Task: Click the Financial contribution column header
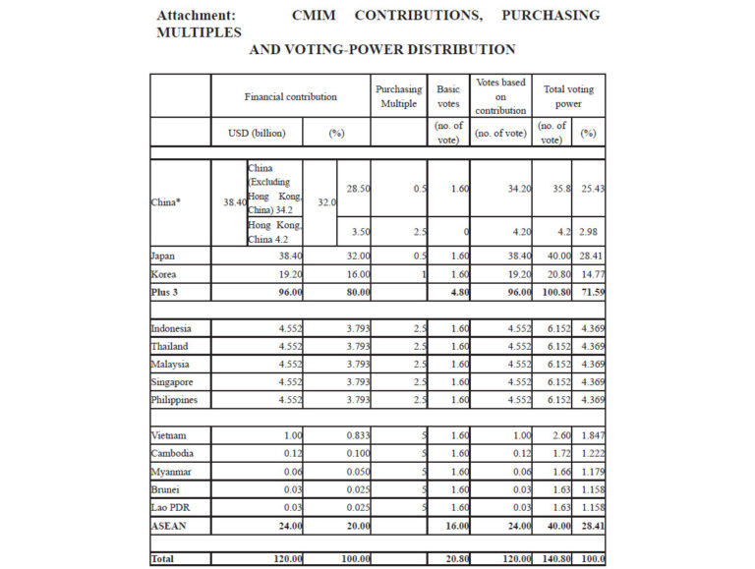291,96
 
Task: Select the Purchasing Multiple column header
398,96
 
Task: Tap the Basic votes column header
447,96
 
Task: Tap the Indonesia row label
173,327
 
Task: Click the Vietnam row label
170,435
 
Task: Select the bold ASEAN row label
169,525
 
